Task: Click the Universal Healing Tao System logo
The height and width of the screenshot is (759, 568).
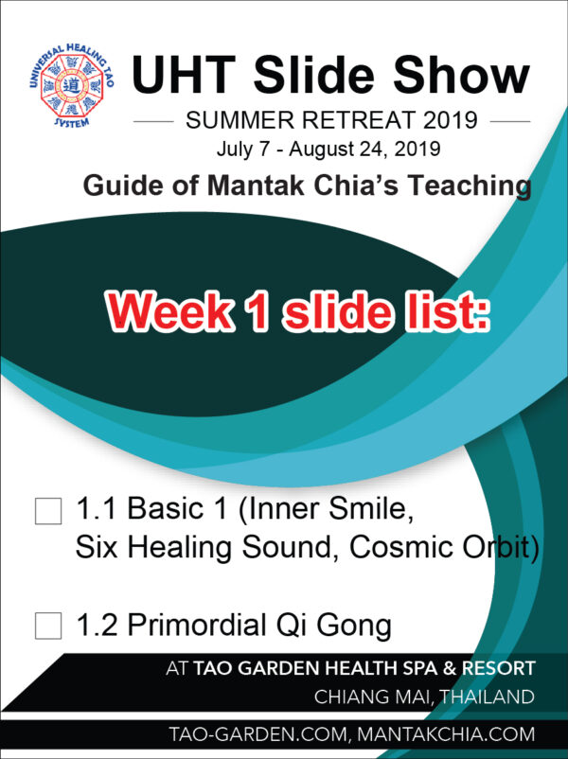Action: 72,85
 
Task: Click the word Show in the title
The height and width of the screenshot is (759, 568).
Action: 461,75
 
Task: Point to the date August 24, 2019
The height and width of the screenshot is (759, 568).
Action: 364,150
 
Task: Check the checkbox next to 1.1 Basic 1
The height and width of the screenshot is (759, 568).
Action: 48,511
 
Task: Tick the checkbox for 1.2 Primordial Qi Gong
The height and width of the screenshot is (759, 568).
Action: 48,626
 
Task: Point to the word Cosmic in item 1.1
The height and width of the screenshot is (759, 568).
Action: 401,547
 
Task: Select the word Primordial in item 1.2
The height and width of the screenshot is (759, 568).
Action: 198,625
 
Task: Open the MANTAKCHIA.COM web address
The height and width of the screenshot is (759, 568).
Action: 446,734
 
